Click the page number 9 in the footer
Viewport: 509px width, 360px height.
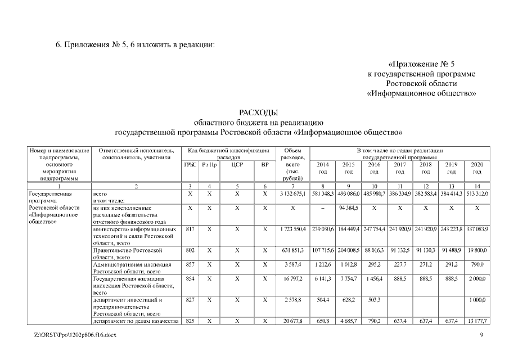coord(481,335)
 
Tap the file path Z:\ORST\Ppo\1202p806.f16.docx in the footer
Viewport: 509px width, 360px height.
coord(76,335)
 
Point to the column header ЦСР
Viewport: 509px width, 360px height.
coord(237,165)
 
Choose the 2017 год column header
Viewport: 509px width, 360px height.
coord(400,168)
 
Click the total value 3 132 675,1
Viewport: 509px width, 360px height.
coord(292,193)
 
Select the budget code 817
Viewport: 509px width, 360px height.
coord(190,229)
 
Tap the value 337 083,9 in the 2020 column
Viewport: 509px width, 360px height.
coord(477,229)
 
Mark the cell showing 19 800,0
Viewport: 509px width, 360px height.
coord(477,249)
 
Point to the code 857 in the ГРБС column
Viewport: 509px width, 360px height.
coord(190,263)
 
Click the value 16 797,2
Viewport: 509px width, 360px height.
coord(292,278)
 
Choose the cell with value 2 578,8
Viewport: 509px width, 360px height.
coord(292,300)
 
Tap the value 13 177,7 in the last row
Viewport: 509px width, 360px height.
coord(477,321)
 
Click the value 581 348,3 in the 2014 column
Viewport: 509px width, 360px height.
coord(323,193)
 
